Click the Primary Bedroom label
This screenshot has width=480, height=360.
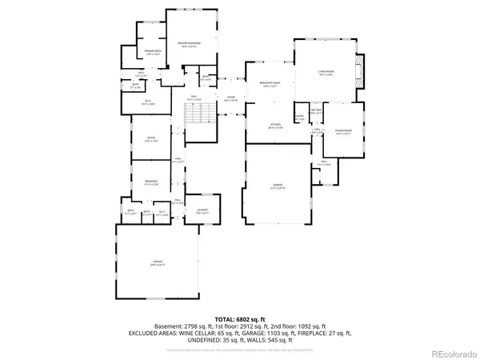tap(189, 43)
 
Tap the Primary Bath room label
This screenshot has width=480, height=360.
tap(154, 53)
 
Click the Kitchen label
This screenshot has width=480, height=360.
tap(274, 126)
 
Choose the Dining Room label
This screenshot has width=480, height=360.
tap(344, 110)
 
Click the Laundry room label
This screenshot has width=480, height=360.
tap(202, 210)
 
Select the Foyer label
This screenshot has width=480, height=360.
tap(230, 99)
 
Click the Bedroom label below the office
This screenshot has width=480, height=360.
tap(150, 183)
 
